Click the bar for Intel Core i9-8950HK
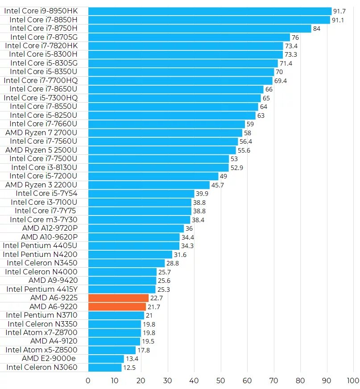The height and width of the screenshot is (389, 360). click(210, 11)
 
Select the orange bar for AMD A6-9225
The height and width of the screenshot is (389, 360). click(118, 298)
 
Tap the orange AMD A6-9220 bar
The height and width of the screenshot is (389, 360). click(117, 306)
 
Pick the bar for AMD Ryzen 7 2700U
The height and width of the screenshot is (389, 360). click(165, 132)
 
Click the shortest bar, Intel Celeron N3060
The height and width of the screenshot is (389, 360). click(105, 368)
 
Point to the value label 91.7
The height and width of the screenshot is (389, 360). click(339, 11)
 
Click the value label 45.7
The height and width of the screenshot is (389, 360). click(218, 185)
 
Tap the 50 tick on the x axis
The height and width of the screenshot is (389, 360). click(220, 381)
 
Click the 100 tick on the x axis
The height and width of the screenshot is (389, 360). click(352, 381)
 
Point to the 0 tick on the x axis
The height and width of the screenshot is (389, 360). click(88, 381)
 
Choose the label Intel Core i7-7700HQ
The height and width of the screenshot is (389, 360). click(41, 80)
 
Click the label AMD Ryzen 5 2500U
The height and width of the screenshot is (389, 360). click(41, 150)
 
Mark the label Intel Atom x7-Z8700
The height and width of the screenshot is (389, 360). click(41, 332)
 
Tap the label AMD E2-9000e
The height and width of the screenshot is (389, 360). click(49, 359)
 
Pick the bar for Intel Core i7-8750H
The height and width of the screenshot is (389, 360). click(199, 29)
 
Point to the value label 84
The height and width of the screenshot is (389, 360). click(317, 29)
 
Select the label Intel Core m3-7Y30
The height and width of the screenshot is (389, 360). click(44, 219)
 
